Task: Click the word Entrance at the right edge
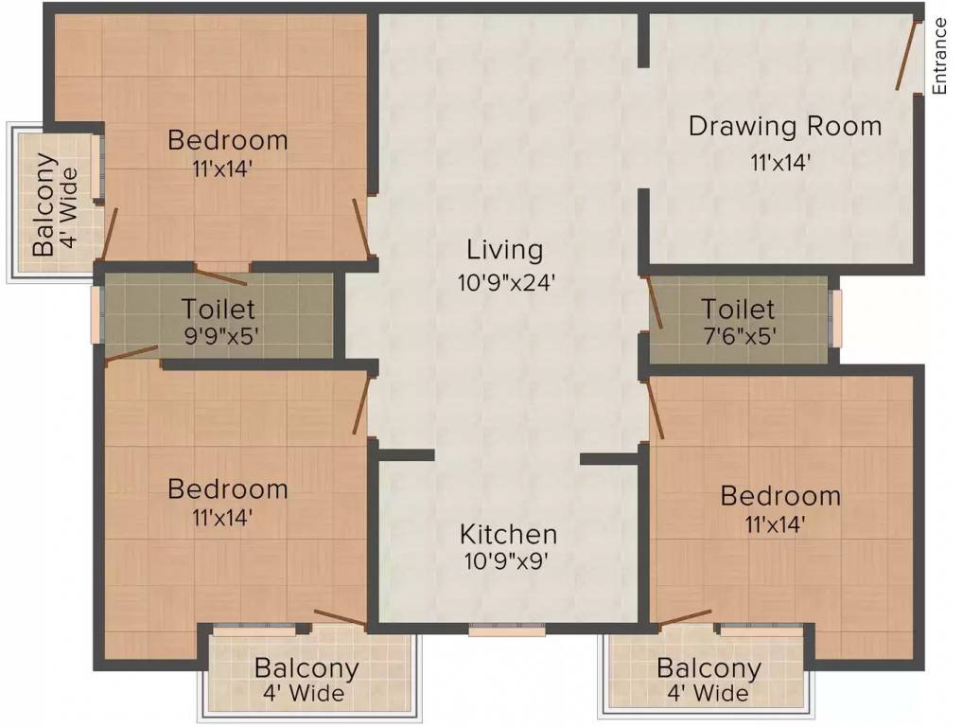939,56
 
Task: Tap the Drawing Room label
784,126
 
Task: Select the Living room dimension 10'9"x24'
505,281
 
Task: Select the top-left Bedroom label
227,140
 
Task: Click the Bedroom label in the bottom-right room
780,496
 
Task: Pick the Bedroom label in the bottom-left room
227,489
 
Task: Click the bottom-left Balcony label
306,668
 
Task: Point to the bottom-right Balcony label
709,668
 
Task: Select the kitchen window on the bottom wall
506,629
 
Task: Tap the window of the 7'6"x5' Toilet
834,319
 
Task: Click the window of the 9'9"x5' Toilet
95,314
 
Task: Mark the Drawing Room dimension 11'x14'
781,162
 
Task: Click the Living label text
505,251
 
